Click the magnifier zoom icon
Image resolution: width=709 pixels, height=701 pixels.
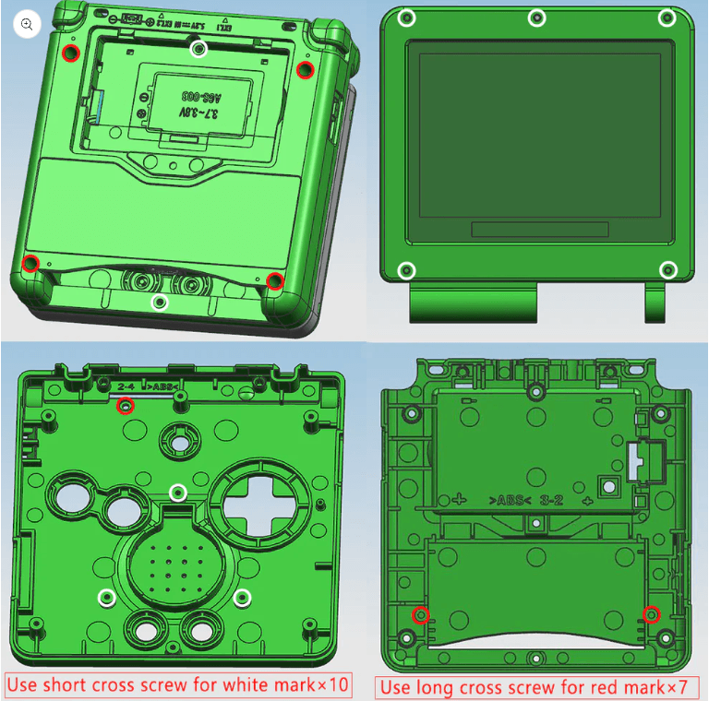tap(28, 25)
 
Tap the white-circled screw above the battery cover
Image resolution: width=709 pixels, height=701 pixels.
tap(198, 48)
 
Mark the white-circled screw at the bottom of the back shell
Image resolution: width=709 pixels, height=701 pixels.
tap(161, 302)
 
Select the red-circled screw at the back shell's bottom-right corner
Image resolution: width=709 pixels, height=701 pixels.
tap(274, 281)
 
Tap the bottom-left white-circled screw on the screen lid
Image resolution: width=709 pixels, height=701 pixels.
tap(406, 270)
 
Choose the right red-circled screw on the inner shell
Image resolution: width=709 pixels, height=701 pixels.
tap(652, 613)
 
